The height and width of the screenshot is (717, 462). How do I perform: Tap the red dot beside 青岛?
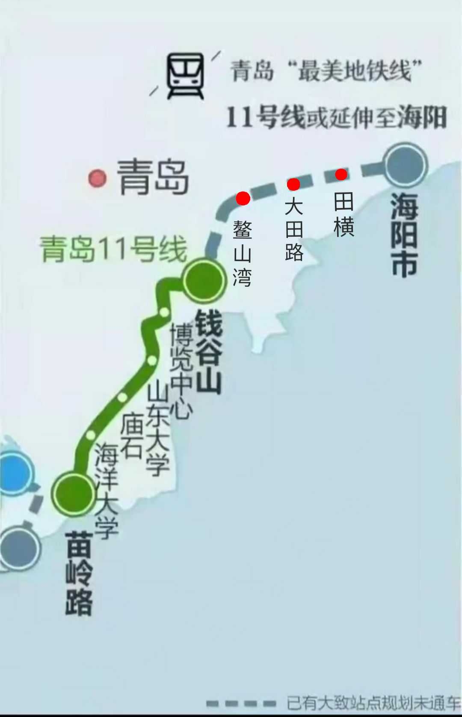tap(97, 178)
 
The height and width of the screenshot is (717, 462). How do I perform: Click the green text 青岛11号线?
tap(113, 249)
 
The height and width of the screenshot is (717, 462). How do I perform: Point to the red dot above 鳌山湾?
tap(243, 198)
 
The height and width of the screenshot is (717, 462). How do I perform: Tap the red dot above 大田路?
tap(293, 184)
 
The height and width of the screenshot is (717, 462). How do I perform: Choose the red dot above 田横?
tap(341, 174)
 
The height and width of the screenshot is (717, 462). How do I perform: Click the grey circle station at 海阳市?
tap(405, 165)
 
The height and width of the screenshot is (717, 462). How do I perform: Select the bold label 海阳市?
tap(404, 235)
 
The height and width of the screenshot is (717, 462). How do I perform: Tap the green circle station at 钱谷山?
tap(204, 280)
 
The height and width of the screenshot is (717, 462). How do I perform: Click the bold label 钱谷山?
tap(209, 352)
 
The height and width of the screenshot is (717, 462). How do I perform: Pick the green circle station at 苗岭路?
tap(73, 494)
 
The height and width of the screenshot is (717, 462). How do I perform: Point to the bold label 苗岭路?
tap(79, 573)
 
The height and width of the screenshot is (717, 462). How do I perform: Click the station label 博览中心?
tap(181, 370)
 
